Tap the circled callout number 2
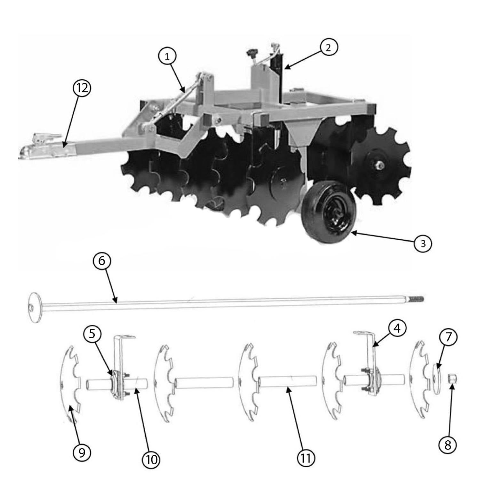328,47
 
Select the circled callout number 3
423,244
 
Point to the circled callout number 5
92,334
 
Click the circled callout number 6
101,261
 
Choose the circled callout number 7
448,337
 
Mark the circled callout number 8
447,444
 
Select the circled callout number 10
151,460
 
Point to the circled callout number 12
82,88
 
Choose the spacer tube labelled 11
287,381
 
